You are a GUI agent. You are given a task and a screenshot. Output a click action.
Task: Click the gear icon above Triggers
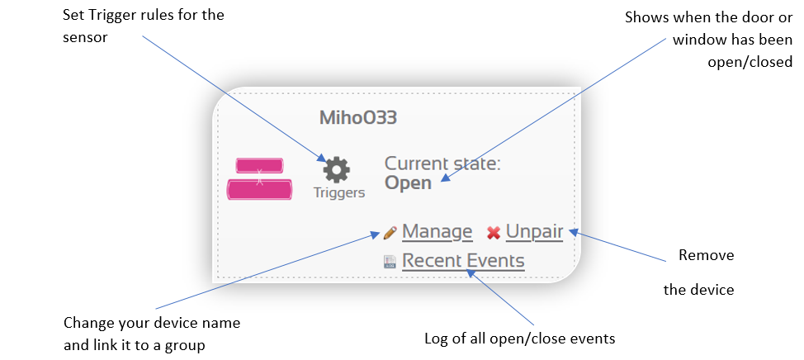pos(336,170)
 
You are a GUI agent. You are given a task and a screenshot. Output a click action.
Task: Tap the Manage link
pos(437,232)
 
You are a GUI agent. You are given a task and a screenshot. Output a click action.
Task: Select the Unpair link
pos(534,232)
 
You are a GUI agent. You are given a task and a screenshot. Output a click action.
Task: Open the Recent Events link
pos(463,261)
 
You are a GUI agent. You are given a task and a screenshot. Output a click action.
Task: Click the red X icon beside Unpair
pos(494,234)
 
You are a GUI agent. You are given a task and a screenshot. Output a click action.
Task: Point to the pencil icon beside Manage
pos(390,233)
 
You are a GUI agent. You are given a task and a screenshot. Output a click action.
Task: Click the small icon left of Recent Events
pos(390,262)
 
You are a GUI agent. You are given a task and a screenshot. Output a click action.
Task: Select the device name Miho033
pos(358,118)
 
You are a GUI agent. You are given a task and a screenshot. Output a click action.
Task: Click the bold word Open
pos(408,183)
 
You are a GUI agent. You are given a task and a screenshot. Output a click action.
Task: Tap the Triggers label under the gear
pos(339,193)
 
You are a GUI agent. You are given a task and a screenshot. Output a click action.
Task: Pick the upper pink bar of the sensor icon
pos(259,166)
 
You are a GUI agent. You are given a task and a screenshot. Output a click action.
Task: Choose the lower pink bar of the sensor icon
pos(259,189)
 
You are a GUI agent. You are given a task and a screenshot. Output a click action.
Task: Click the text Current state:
pos(442,163)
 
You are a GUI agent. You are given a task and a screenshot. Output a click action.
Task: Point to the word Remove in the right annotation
pos(706,255)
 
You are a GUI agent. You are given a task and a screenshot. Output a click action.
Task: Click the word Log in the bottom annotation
pos(435,339)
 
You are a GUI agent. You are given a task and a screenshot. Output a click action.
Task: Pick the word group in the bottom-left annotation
pos(185,346)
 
